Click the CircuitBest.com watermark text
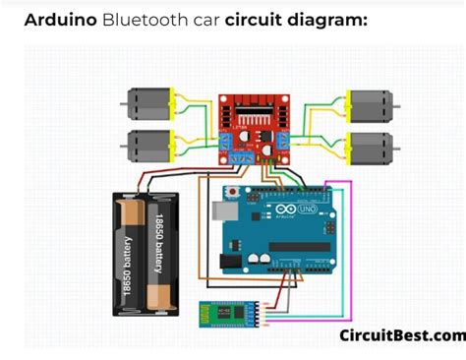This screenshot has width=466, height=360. point(401,335)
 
